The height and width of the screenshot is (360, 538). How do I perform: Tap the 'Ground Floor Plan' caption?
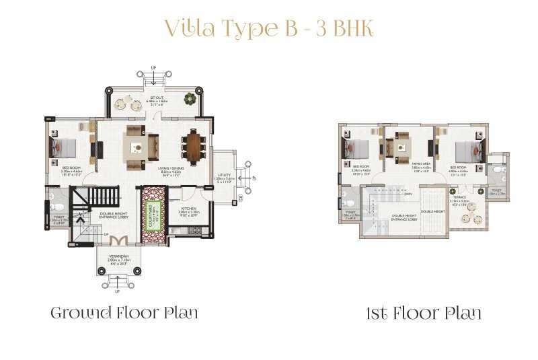point(125,313)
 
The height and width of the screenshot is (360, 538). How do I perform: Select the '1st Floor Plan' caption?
point(423,313)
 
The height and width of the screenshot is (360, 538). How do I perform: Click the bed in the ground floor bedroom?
point(64,147)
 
